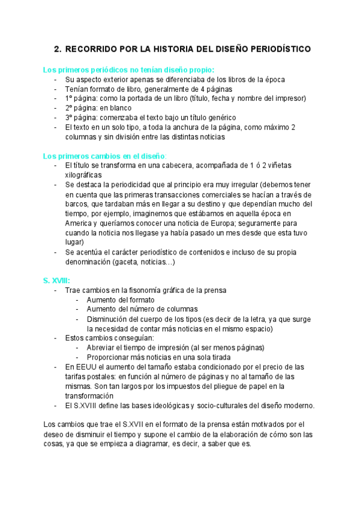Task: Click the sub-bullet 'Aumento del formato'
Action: coord(121,300)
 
